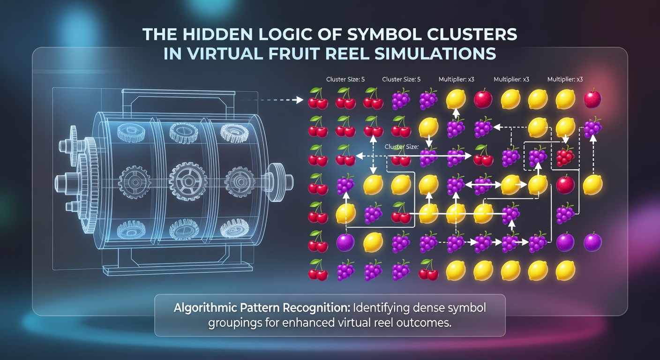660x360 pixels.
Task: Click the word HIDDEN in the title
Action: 217,35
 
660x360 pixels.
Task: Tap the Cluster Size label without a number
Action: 401,147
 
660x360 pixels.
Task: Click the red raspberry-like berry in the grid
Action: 565,157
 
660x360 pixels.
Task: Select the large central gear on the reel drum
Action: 187,180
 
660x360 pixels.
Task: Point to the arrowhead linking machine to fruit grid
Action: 300,100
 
